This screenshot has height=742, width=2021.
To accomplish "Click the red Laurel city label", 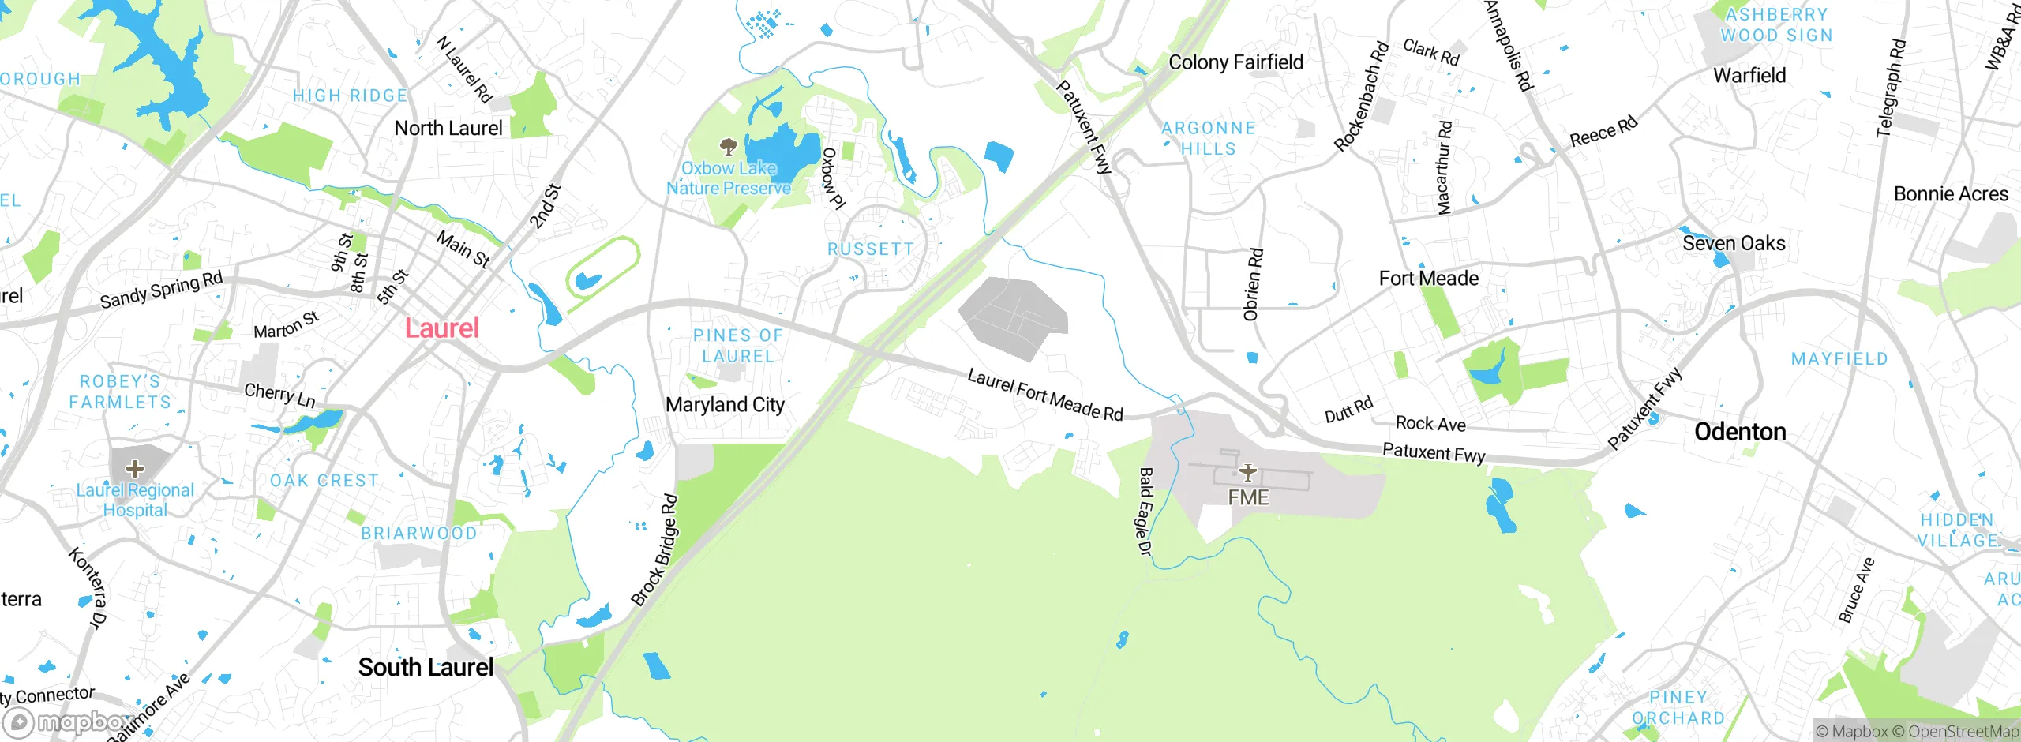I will click(x=441, y=328).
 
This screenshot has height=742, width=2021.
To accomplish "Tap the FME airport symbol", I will click(x=1247, y=473).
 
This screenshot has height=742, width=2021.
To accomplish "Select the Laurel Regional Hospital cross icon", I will click(x=135, y=469).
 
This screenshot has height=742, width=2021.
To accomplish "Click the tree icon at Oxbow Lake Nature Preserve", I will click(x=728, y=146).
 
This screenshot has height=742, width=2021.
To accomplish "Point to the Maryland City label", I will click(x=725, y=405).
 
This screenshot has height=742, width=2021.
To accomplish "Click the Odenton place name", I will click(x=1740, y=432).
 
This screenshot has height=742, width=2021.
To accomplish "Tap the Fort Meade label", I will click(x=1428, y=279).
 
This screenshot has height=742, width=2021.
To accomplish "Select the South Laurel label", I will click(x=426, y=668).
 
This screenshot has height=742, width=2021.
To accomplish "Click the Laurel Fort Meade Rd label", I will click(x=1045, y=395).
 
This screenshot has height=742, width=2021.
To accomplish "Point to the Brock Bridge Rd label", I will click(x=654, y=550).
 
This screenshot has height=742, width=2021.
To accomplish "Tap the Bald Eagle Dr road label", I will click(x=1145, y=512).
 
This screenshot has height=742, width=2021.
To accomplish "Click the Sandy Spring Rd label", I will click(x=161, y=290).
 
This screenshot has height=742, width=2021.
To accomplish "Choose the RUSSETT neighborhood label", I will click(x=870, y=249).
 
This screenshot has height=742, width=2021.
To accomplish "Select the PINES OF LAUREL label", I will click(x=738, y=346).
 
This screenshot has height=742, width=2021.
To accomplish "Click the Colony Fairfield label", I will click(x=1235, y=62).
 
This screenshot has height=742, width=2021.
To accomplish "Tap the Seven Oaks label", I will click(x=1734, y=244).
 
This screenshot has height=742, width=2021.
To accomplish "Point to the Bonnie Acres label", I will click(x=1951, y=194).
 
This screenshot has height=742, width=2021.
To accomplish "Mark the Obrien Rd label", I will click(x=1253, y=285).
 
